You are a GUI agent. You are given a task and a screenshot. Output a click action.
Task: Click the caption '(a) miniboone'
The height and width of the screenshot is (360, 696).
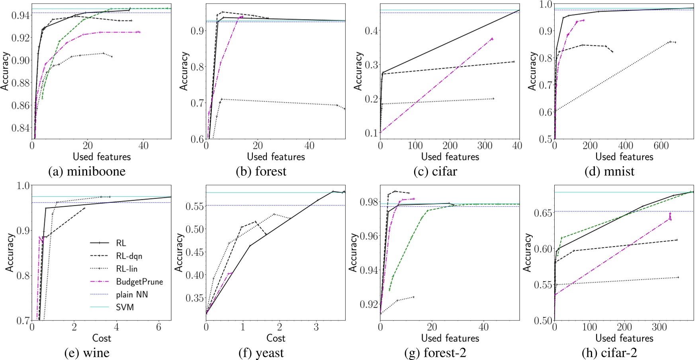point(87,172)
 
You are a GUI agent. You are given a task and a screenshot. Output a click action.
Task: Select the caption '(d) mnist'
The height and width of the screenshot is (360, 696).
point(609,172)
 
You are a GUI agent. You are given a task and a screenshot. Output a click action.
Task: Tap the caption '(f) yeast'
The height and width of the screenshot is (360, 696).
point(261,353)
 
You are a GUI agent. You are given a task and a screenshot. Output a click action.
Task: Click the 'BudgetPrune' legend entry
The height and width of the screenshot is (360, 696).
point(139,282)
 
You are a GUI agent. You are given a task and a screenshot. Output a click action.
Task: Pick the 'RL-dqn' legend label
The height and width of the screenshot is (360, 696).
point(129,256)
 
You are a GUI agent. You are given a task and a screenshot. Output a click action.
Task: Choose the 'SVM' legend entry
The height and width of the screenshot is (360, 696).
point(125,307)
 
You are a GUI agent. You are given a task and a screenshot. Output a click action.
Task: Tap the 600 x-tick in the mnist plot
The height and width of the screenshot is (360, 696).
point(661,146)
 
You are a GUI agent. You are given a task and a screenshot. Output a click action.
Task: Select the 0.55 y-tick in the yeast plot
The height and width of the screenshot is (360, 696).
point(195,206)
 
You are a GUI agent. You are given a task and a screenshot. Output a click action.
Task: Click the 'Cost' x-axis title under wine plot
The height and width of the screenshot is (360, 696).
point(102,338)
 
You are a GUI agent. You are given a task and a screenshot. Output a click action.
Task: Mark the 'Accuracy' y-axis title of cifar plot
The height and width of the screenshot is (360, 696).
point(358,71)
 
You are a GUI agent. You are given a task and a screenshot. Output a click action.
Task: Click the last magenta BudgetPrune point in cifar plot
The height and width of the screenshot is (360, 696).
point(492,39)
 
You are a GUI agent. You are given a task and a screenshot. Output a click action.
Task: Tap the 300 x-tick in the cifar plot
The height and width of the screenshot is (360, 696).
point(485,146)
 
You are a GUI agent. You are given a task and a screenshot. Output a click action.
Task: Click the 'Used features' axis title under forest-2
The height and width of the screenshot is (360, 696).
point(450,338)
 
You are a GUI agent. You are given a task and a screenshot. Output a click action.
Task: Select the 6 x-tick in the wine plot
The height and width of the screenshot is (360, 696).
point(158,327)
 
